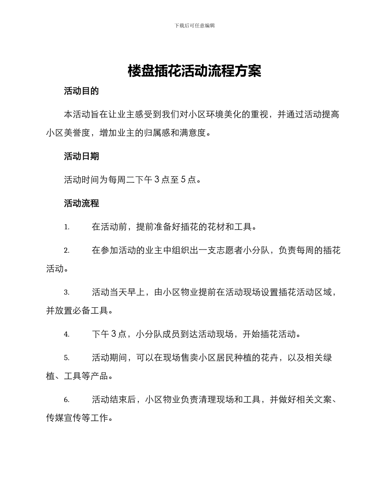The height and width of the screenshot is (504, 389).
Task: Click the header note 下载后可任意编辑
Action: click(x=194, y=25)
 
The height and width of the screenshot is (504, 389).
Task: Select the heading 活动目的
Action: click(x=81, y=91)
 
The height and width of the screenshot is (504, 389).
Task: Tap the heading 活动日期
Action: click(x=81, y=157)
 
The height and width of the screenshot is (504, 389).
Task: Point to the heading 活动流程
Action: click(x=81, y=203)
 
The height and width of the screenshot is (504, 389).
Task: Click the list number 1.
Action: click(x=67, y=227)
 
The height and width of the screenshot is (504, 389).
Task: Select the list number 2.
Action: click(x=67, y=250)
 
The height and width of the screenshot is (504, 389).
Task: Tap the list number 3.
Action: click(x=67, y=293)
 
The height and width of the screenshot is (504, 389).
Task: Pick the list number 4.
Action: click(x=67, y=334)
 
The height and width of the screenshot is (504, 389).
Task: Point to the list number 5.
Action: click(x=67, y=358)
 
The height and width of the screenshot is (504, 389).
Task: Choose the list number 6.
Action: click(x=67, y=400)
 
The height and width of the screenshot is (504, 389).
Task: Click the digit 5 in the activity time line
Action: click(x=183, y=179)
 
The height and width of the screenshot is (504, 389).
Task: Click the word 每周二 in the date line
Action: click(x=122, y=179)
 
